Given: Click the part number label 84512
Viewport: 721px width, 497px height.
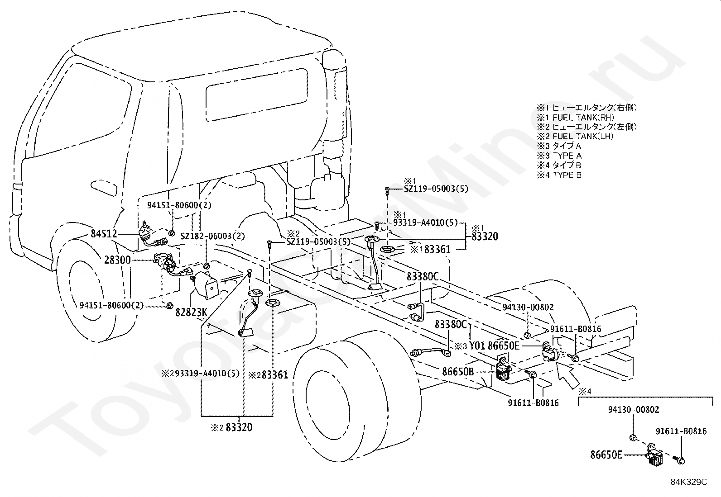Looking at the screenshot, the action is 104,234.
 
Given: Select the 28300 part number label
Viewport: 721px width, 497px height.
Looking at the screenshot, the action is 117,260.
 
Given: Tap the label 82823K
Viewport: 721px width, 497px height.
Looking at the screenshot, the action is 191,312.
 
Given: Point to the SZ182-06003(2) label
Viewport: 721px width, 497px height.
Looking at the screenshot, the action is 213,236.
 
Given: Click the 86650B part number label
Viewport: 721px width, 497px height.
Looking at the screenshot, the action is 458,372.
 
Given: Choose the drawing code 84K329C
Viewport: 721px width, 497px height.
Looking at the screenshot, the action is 689,482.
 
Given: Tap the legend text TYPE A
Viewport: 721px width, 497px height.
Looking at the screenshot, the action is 567,156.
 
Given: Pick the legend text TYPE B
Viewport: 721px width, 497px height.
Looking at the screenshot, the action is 567,175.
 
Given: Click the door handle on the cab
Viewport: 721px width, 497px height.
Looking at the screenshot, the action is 104,188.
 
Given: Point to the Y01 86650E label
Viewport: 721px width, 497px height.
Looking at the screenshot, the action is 495,346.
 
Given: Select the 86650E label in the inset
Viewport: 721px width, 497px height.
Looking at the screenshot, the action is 606,455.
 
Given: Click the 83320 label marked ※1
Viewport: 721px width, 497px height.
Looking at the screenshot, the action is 485,237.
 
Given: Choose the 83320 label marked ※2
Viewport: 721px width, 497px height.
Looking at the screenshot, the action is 239,427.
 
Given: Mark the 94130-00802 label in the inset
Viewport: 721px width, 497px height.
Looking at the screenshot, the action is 634,410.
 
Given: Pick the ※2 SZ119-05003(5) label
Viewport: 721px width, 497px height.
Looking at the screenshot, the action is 318,241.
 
